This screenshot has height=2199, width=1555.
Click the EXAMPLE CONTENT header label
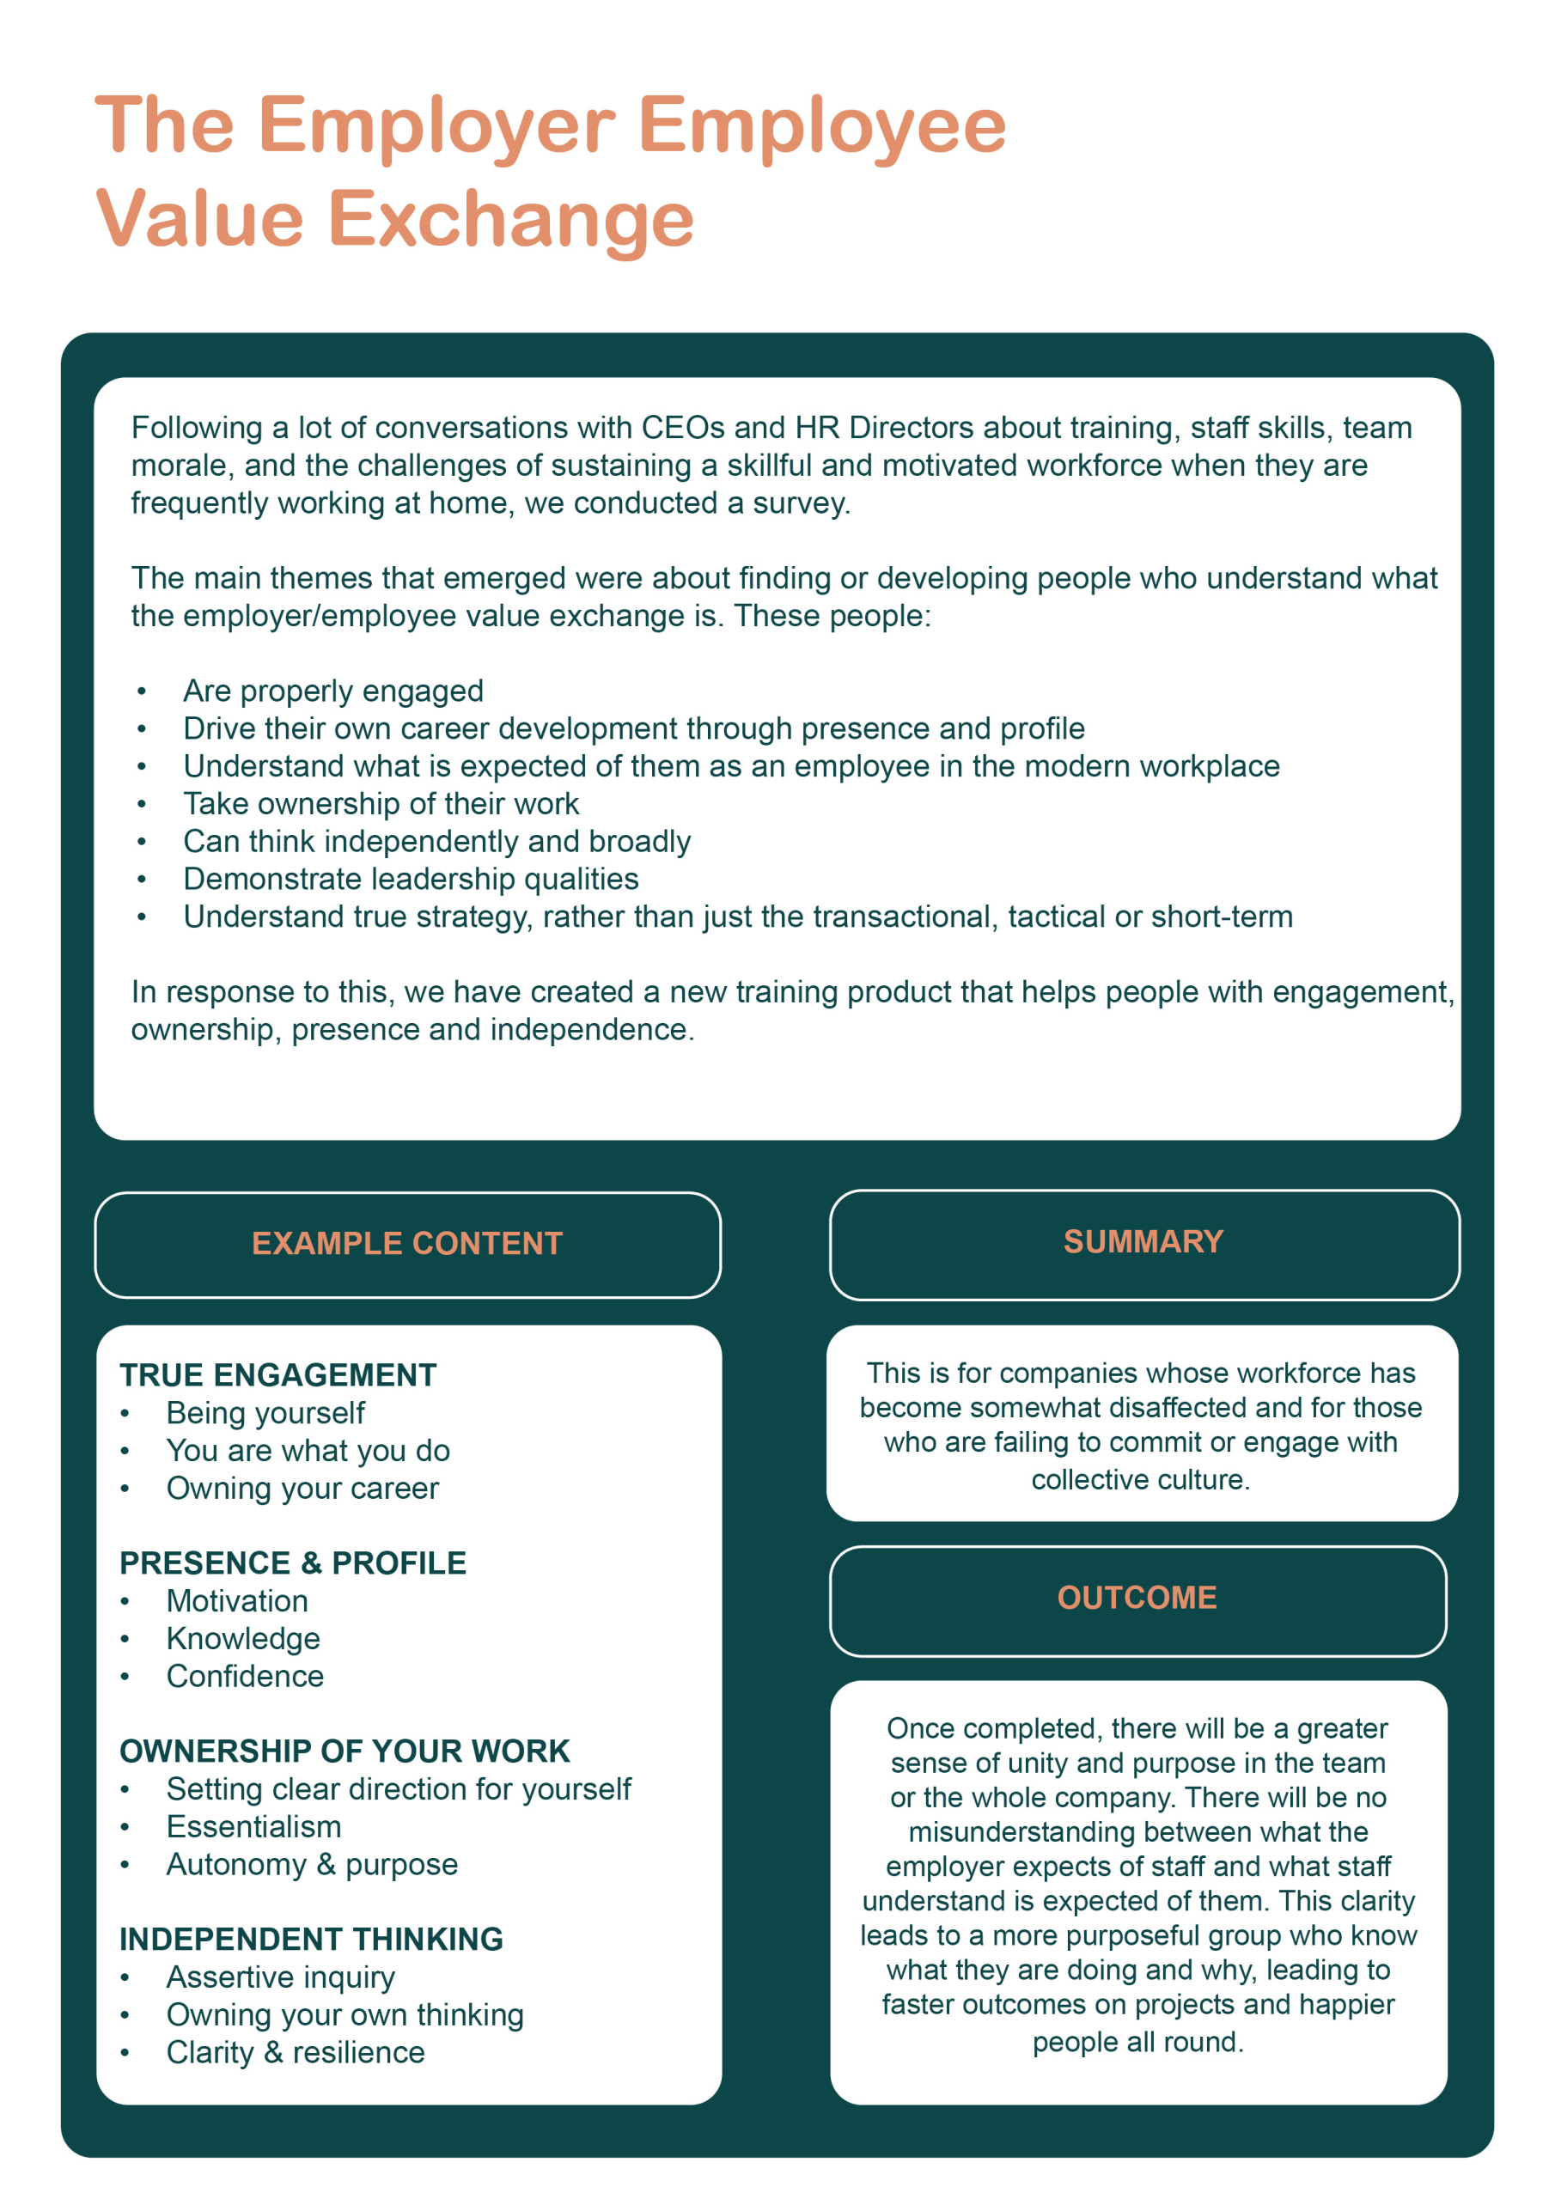point(407,1243)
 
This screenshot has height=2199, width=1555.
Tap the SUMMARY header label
point(1143,1241)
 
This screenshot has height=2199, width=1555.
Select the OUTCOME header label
point(1137,1598)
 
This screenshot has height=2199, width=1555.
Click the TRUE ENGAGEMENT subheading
point(277,1375)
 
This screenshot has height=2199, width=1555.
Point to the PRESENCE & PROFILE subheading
point(292,1563)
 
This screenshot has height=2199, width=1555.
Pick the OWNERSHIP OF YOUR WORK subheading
point(344,1751)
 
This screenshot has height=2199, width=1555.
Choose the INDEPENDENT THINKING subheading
point(310,1939)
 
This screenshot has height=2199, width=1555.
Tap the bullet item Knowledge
point(242,1639)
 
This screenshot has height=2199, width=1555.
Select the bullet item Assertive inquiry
point(280,1977)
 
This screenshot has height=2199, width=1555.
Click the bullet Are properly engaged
point(332,691)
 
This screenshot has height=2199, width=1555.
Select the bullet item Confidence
point(244,1676)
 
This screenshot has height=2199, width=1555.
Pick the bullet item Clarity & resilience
point(295,2052)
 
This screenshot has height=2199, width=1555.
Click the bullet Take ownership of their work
point(381,803)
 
